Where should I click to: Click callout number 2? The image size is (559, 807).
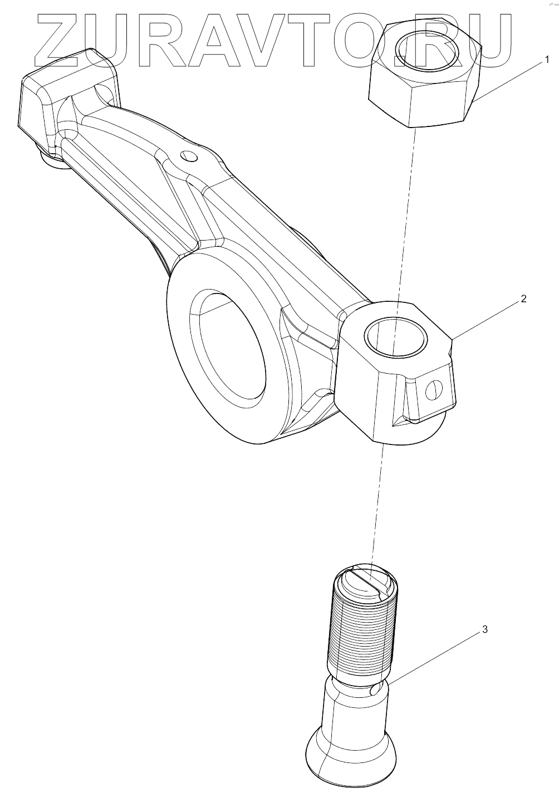(523, 299)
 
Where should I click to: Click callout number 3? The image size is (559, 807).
(484, 629)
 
